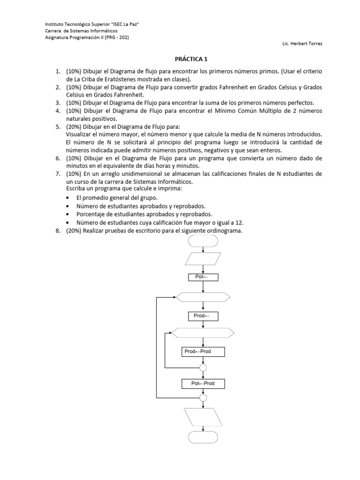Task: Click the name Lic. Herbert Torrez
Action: [303, 44]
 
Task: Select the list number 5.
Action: [57, 127]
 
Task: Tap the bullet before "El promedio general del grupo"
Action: [68, 198]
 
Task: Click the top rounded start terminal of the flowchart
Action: [202, 241]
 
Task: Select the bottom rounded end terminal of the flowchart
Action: [202, 437]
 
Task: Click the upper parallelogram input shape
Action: [202, 259]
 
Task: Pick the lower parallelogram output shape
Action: [202, 416]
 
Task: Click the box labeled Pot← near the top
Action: [202, 277]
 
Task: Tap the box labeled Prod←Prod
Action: [202, 352]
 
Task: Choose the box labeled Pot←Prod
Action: [202, 384]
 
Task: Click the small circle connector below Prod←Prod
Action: [202, 367]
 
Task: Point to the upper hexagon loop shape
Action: [202, 297]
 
